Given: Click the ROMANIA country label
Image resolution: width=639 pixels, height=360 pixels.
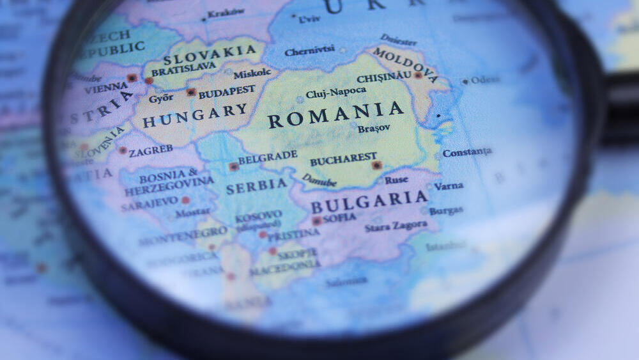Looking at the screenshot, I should coord(335,115).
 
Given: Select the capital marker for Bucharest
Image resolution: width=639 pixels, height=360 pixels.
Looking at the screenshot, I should coord(377,165).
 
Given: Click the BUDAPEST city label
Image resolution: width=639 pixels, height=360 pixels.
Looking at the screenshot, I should coord(226,93).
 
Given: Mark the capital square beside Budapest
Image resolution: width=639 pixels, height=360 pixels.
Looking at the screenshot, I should coord(190,92).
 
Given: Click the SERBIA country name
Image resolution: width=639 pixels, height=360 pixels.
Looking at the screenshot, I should coord(256,186).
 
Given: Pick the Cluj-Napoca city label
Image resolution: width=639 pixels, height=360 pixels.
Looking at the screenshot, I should coord(335,93).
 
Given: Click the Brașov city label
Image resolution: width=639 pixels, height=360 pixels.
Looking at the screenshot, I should coord(374,129).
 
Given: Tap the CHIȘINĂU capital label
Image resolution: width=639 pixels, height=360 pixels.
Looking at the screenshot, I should coord(383,77).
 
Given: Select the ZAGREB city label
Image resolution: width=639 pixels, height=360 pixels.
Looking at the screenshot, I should coord(151,151).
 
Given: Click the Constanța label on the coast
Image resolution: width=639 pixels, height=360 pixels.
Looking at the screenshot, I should coord(467,152).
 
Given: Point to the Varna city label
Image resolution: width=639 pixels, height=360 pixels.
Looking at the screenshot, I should coord(449,186).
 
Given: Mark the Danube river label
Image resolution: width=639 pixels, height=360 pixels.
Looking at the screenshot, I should coord(319,180).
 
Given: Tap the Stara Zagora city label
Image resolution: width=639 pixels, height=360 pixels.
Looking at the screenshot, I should coord(396,226).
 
